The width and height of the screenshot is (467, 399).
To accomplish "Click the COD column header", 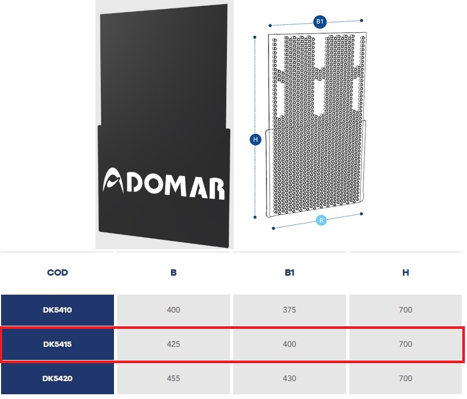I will [x=58, y=273].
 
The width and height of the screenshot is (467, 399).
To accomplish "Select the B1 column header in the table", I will [x=289, y=273].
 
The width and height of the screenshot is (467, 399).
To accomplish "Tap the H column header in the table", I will [x=405, y=273].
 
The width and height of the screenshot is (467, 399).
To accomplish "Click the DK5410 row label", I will [x=58, y=310].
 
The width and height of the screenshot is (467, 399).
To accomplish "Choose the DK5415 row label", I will [x=58, y=344].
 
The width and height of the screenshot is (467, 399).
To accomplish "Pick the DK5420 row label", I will [x=58, y=378].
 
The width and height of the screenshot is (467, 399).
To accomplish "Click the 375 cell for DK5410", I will [x=289, y=310].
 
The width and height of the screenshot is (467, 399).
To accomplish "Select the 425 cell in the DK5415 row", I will [x=173, y=344].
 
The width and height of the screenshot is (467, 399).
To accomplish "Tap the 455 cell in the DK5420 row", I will [x=173, y=378].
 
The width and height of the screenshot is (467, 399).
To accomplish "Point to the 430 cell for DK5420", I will [x=289, y=378].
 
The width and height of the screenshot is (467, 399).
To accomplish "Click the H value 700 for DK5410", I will [x=405, y=310].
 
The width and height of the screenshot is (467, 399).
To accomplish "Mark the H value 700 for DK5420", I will [x=405, y=378].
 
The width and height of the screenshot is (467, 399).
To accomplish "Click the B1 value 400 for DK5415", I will [x=289, y=344].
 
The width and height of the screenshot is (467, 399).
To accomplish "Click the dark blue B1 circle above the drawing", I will [x=319, y=22].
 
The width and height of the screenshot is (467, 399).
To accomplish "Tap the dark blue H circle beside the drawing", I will [x=255, y=140].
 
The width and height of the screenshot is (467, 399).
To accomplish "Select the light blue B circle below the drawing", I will [x=321, y=220].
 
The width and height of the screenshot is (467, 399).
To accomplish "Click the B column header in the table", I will [x=173, y=273].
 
